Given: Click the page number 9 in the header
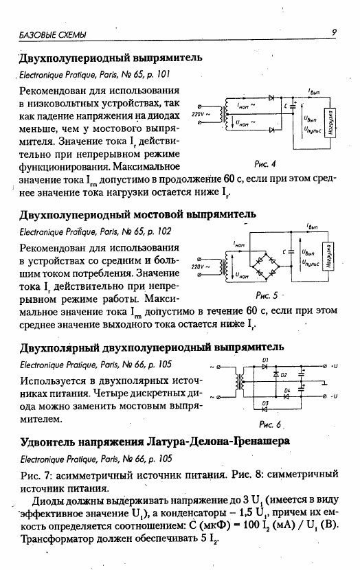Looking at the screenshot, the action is click(334, 32).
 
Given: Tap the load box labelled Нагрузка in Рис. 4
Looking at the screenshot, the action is click(330, 123).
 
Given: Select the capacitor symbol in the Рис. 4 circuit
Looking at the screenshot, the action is click(293, 106).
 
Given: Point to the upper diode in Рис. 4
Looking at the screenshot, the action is click(271, 98).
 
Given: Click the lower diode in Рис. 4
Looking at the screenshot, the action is click(271, 130).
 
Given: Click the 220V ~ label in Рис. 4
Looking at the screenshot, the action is click(201, 114).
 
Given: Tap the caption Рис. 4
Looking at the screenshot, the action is click(265, 164).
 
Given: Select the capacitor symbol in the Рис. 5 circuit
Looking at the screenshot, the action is click(291, 251).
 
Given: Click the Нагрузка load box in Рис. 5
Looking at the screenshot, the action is click(328, 255).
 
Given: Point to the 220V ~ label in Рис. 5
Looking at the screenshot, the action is click(201, 267).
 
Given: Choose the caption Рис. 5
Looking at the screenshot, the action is click(267, 295).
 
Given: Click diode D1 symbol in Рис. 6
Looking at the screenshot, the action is click(265, 367).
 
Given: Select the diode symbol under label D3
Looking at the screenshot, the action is click(265, 409).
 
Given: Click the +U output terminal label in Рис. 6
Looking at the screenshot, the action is click(334, 367).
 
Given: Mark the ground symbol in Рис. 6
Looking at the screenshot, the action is click(324, 382).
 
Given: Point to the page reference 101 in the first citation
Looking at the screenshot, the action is click(164, 75).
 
